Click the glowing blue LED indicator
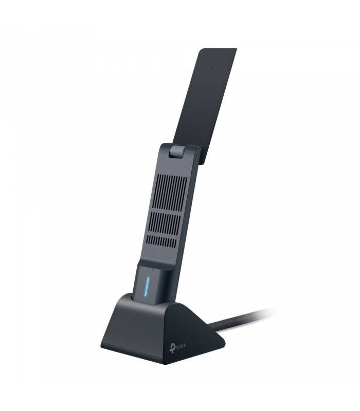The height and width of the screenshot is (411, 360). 148,286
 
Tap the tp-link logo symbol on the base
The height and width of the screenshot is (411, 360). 172,349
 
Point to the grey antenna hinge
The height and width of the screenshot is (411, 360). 177,152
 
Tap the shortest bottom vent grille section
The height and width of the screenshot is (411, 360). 161,241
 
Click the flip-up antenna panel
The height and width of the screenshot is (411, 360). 205,105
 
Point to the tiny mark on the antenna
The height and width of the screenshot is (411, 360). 212,67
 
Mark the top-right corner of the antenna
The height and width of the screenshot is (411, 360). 237,48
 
